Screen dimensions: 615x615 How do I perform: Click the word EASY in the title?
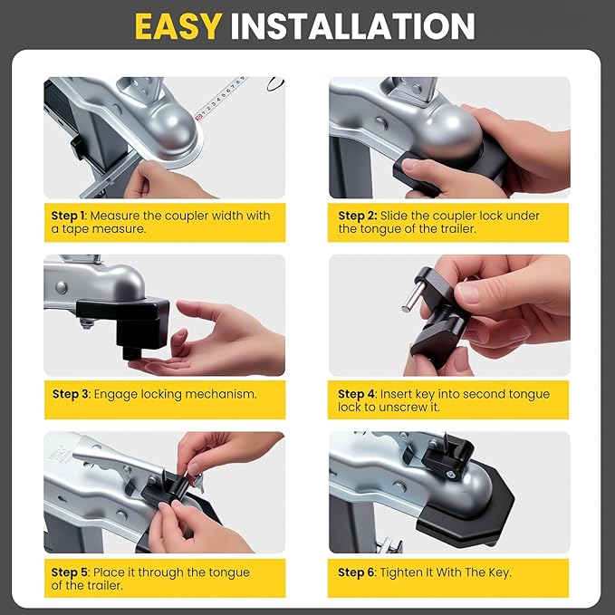coord(178,26)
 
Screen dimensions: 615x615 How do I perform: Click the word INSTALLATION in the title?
coord(352,26)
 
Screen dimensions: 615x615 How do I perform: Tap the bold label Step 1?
coord(69,216)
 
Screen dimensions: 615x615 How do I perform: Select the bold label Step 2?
coord(357,216)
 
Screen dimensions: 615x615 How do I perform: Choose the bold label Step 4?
coord(357,394)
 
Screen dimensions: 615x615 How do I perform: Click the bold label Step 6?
coord(357,572)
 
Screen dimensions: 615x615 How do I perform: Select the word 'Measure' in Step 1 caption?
coord(117,216)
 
